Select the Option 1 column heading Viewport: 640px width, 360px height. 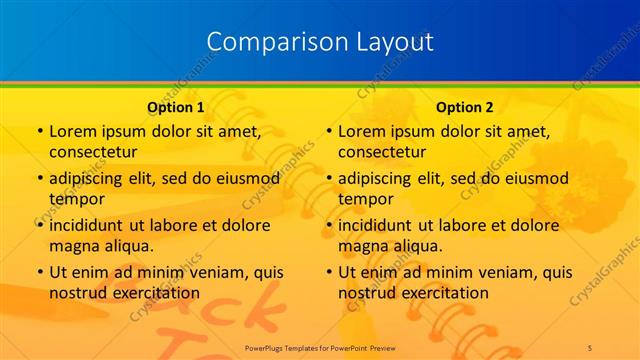(x=176, y=107)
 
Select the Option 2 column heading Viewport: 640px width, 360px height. (x=465, y=107)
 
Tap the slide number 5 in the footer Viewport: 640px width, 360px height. (x=591, y=345)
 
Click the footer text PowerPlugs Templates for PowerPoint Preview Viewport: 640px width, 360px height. (x=320, y=345)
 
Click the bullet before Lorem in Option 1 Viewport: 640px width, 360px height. (x=38, y=132)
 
